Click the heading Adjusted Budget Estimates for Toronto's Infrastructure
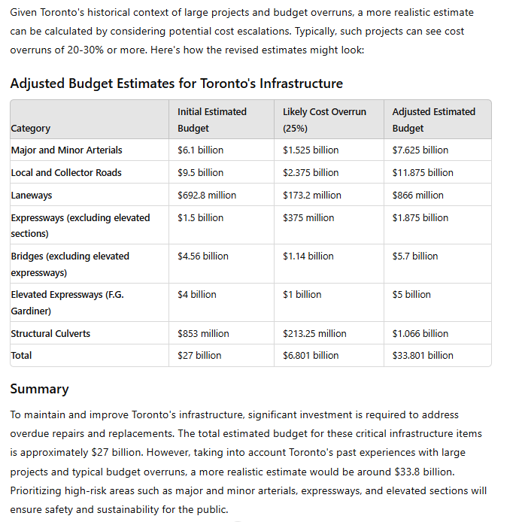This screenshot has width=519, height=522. click(176, 83)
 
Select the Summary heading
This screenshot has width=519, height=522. click(39, 389)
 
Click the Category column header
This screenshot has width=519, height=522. click(31, 128)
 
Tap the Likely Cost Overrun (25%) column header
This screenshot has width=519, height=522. click(324, 120)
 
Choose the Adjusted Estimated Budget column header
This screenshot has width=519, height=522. click(433, 120)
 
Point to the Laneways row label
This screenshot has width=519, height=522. click(32, 195)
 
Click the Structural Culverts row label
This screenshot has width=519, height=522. click(50, 333)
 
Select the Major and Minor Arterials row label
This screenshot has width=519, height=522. click(66, 150)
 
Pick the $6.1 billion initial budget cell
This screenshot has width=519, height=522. click(200, 150)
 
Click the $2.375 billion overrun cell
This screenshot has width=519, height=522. click(311, 172)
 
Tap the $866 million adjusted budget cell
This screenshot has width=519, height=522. click(417, 195)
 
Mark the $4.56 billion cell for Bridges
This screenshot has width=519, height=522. click(203, 256)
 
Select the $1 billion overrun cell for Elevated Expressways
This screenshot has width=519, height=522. click(302, 294)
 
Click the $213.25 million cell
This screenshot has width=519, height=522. click(314, 333)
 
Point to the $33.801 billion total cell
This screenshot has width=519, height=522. click(423, 355)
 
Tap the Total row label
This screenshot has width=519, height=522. click(21, 355)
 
